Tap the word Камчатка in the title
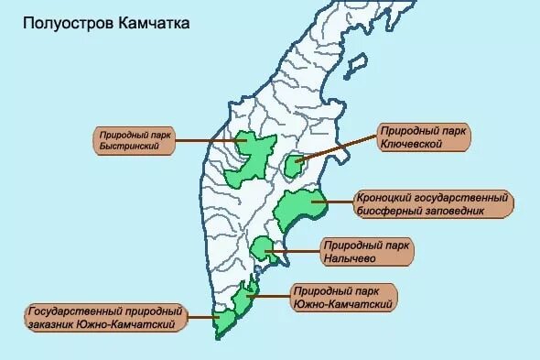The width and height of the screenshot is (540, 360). [155, 23]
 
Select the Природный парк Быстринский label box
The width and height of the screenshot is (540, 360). [133, 139]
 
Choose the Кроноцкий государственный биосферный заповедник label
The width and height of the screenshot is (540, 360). [432, 204]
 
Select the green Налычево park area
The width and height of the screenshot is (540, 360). [264, 248]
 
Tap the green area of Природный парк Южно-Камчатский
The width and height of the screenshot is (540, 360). [244, 299]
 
